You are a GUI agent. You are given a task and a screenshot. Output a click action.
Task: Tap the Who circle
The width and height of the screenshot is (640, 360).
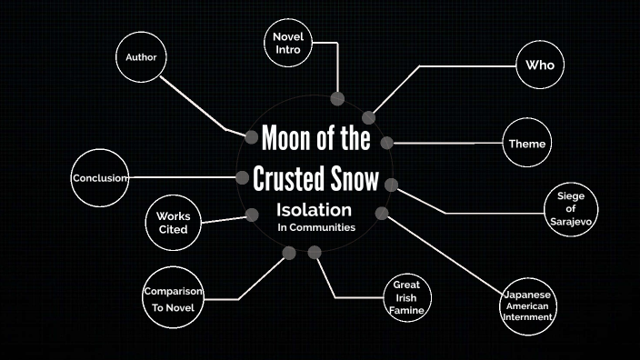(540, 65)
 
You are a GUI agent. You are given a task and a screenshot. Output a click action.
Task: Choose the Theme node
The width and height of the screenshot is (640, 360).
(527, 144)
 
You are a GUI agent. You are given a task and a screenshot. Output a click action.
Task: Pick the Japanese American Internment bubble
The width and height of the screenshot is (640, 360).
(528, 306)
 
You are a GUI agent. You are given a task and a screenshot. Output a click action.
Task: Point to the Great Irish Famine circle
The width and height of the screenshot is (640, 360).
(405, 298)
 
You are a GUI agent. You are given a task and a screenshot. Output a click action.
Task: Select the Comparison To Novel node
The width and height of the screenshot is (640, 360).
(172, 299)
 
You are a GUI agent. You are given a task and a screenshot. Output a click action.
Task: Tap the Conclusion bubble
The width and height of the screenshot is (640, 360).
(101, 178)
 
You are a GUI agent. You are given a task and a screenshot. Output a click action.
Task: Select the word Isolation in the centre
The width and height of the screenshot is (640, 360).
(314, 210)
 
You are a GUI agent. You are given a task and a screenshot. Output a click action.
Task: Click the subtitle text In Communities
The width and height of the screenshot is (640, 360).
(315, 228)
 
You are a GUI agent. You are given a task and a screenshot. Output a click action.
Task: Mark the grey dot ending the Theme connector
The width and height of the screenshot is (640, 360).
(387, 143)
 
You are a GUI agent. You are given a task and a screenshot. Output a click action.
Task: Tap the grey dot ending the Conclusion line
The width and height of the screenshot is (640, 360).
(243, 177)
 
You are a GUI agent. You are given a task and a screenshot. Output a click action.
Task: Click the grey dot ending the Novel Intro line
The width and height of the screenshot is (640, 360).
(338, 98)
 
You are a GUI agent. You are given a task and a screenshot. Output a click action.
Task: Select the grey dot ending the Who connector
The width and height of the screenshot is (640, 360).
(369, 118)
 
